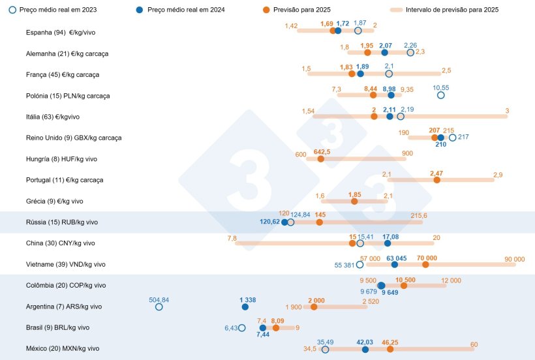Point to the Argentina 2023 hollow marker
coord(159,307)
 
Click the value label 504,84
coord(159,299)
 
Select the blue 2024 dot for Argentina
coord(245,307)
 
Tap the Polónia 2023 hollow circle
coord(440,95)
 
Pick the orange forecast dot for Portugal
coord(436,180)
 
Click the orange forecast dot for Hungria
coord(320,158)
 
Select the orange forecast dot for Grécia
coord(354,202)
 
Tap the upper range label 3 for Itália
coord(507,111)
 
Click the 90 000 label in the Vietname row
coord(514,259)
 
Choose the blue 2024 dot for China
coord(388,243)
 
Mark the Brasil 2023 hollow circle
coord(242,328)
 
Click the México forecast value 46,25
coord(390,342)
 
